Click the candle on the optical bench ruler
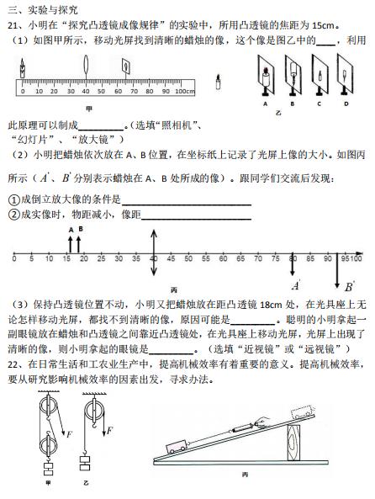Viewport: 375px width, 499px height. pos(22,68)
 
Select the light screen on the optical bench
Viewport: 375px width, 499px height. pos(126,67)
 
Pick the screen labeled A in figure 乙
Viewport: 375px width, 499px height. pos(267,76)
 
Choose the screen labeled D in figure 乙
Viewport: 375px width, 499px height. pos(345,75)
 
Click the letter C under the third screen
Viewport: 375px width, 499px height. pos(319,104)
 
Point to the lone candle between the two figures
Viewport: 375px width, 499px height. pos(219,82)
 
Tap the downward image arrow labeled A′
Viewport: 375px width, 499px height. pos(293,265)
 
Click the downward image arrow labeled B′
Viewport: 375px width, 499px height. pos(337,271)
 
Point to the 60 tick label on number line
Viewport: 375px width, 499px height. pos(223,258)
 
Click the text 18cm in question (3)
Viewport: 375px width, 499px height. pos(271,305)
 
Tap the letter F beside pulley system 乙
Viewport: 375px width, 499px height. pos(110,431)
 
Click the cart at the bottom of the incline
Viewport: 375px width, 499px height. pos(177,446)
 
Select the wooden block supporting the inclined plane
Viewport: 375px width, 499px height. pos(293,443)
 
